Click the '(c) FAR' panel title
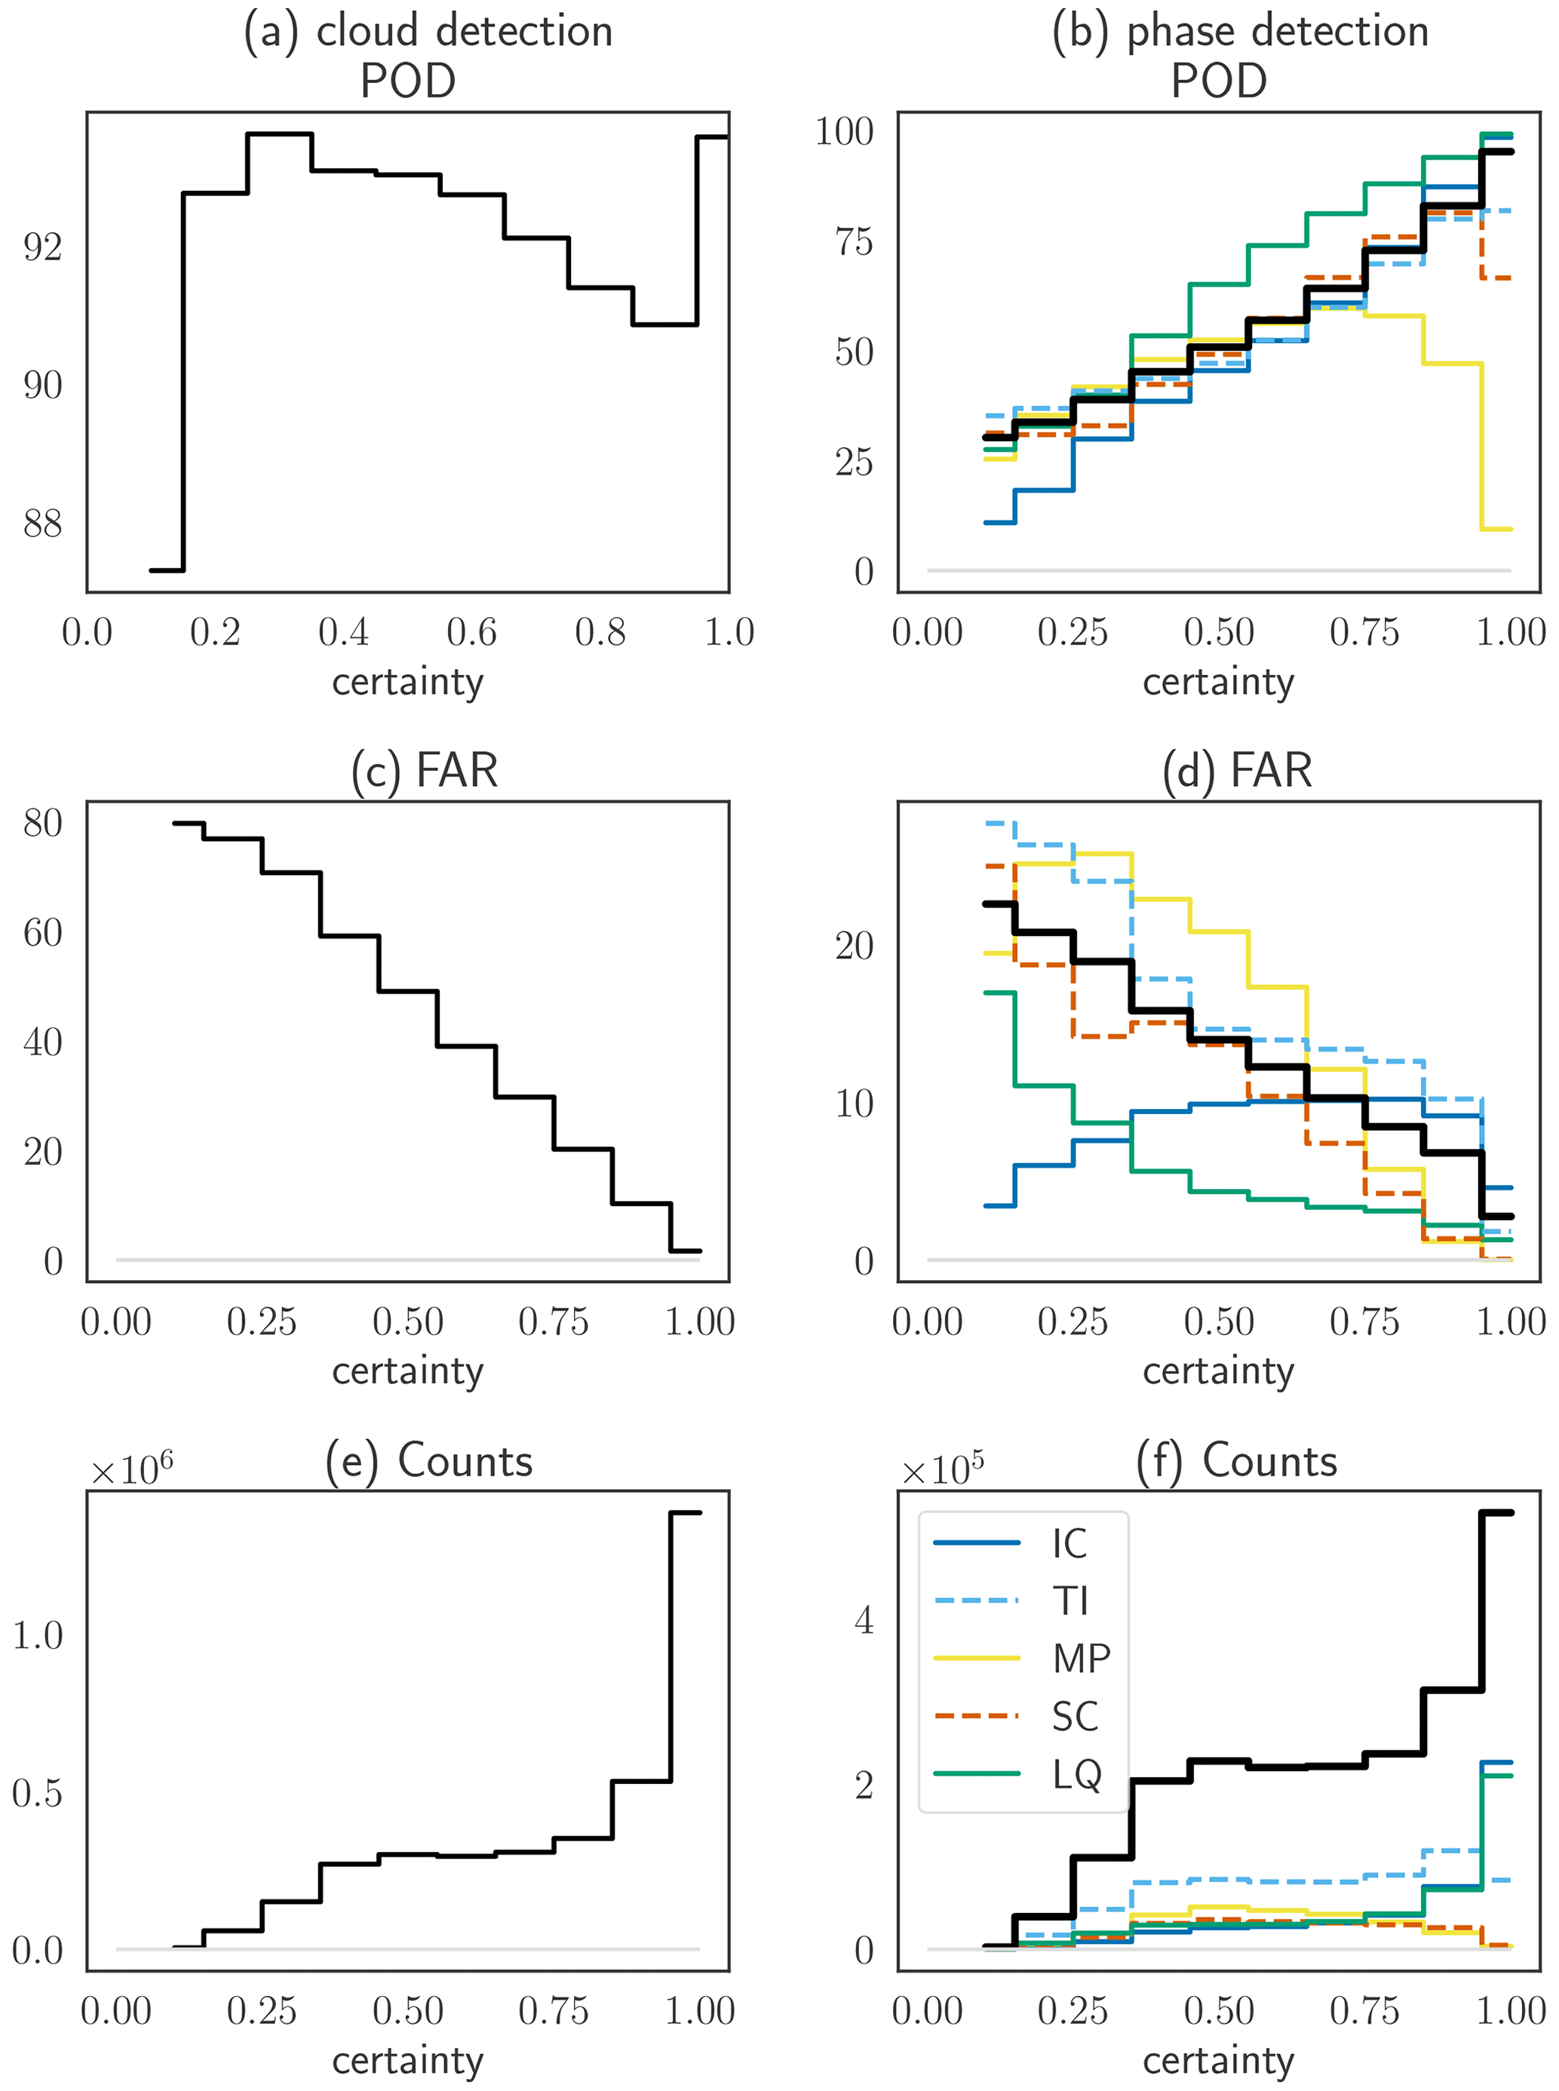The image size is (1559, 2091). click(x=424, y=770)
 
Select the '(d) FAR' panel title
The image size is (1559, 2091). click(x=1236, y=770)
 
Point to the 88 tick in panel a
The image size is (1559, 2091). click(x=42, y=524)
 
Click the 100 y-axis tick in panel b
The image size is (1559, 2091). click(x=844, y=131)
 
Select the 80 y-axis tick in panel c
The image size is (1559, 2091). click(x=42, y=823)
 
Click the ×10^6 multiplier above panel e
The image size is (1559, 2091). click(x=131, y=1469)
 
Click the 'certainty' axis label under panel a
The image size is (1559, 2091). click(x=408, y=681)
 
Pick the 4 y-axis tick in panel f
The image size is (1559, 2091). click(x=864, y=1620)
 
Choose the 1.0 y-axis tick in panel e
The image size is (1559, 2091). click(x=38, y=1635)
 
